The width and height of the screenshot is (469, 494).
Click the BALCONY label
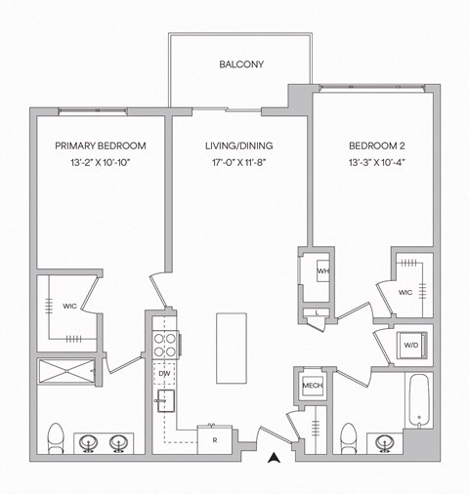(x=241, y=65)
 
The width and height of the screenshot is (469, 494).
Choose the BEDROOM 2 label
(x=377, y=145)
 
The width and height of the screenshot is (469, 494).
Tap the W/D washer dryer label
(x=410, y=344)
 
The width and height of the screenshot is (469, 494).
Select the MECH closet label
(x=312, y=385)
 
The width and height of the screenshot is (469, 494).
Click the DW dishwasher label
(x=164, y=373)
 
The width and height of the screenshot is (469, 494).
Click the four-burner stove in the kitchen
(x=164, y=345)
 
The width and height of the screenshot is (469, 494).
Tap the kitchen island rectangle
(x=231, y=349)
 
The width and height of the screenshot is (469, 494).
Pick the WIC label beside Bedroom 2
(x=405, y=292)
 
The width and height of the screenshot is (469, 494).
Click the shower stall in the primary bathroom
(x=66, y=371)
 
